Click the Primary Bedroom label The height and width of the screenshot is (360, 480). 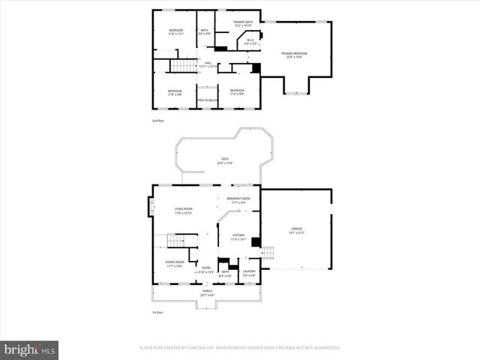pyautogui.click(x=295, y=55)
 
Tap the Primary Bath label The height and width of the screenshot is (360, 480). pyautogui.click(x=243, y=24)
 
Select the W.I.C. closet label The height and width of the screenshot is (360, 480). pyautogui.click(x=250, y=43)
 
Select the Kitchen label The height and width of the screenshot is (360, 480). pyautogui.click(x=238, y=236)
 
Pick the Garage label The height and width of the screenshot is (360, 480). pyautogui.click(x=297, y=230)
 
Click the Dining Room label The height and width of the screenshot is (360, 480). pyautogui.click(x=175, y=264)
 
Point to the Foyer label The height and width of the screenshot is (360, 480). pyautogui.click(x=205, y=269)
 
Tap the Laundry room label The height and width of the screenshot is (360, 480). pyautogui.click(x=249, y=273)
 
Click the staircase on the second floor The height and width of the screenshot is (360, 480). pyautogui.click(x=182, y=66)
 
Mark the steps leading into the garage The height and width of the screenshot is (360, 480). pyautogui.click(x=268, y=253)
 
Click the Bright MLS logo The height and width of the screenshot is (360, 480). pyautogui.click(x=29, y=349)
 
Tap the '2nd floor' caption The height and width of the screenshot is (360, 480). pyautogui.click(x=157, y=120)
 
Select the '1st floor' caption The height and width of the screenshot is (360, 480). pyautogui.click(x=157, y=312)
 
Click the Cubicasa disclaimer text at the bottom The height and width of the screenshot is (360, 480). pyautogui.click(x=240, y=348)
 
